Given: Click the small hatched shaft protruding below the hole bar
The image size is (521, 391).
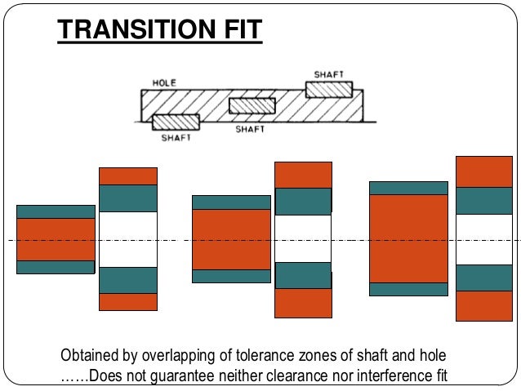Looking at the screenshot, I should tap(176, 122).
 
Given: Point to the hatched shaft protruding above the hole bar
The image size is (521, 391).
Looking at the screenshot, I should tap(329, 88).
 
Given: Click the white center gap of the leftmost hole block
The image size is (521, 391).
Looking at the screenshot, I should tap(127, 239).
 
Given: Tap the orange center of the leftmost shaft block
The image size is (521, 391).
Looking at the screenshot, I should tap(56, 239).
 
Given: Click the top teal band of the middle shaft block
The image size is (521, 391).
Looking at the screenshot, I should tap(231, 202).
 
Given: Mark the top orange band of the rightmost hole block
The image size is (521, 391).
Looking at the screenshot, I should tap(483, 171).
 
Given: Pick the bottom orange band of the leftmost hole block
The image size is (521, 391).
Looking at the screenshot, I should tap(127, 302).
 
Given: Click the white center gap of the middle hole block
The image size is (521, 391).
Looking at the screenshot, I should tap(303, 238).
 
